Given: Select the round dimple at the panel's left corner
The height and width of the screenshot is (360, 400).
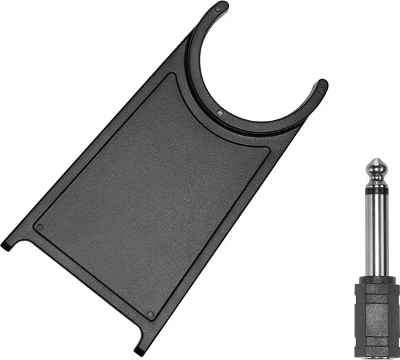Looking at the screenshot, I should [x=39, y=227].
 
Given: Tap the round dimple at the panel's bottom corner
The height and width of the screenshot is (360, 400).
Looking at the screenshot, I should [x=150, y=294].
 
